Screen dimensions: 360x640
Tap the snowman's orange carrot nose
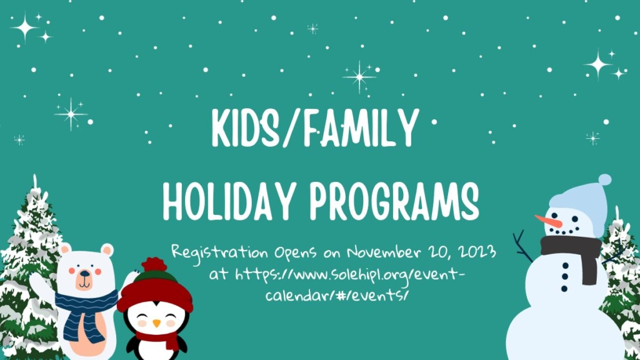547,221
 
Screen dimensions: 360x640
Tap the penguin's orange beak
156,323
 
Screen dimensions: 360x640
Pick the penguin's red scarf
160,339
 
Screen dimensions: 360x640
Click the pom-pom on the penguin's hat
154,263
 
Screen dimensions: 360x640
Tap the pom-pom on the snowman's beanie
604,180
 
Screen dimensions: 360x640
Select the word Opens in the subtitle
298,254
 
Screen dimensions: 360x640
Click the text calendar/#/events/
337,293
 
